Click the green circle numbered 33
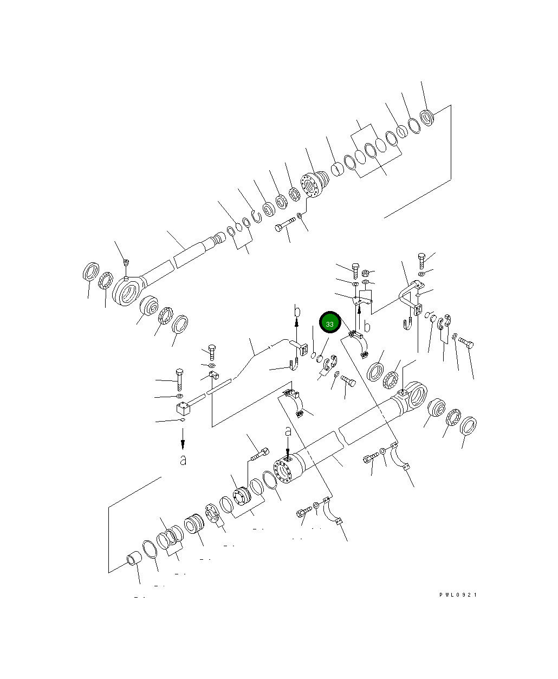[x=329, y=323]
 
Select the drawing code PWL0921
[x=458, y=594]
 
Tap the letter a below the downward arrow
[x=183, y=460]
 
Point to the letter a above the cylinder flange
[x=288, y=431]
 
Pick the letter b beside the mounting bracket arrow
[x=367, y=326]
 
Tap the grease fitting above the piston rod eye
[x=126, y=263]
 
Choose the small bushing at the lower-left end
[x=133, y=559]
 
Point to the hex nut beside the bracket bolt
[x=365, y=272]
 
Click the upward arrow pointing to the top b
[x=297, y=331]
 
